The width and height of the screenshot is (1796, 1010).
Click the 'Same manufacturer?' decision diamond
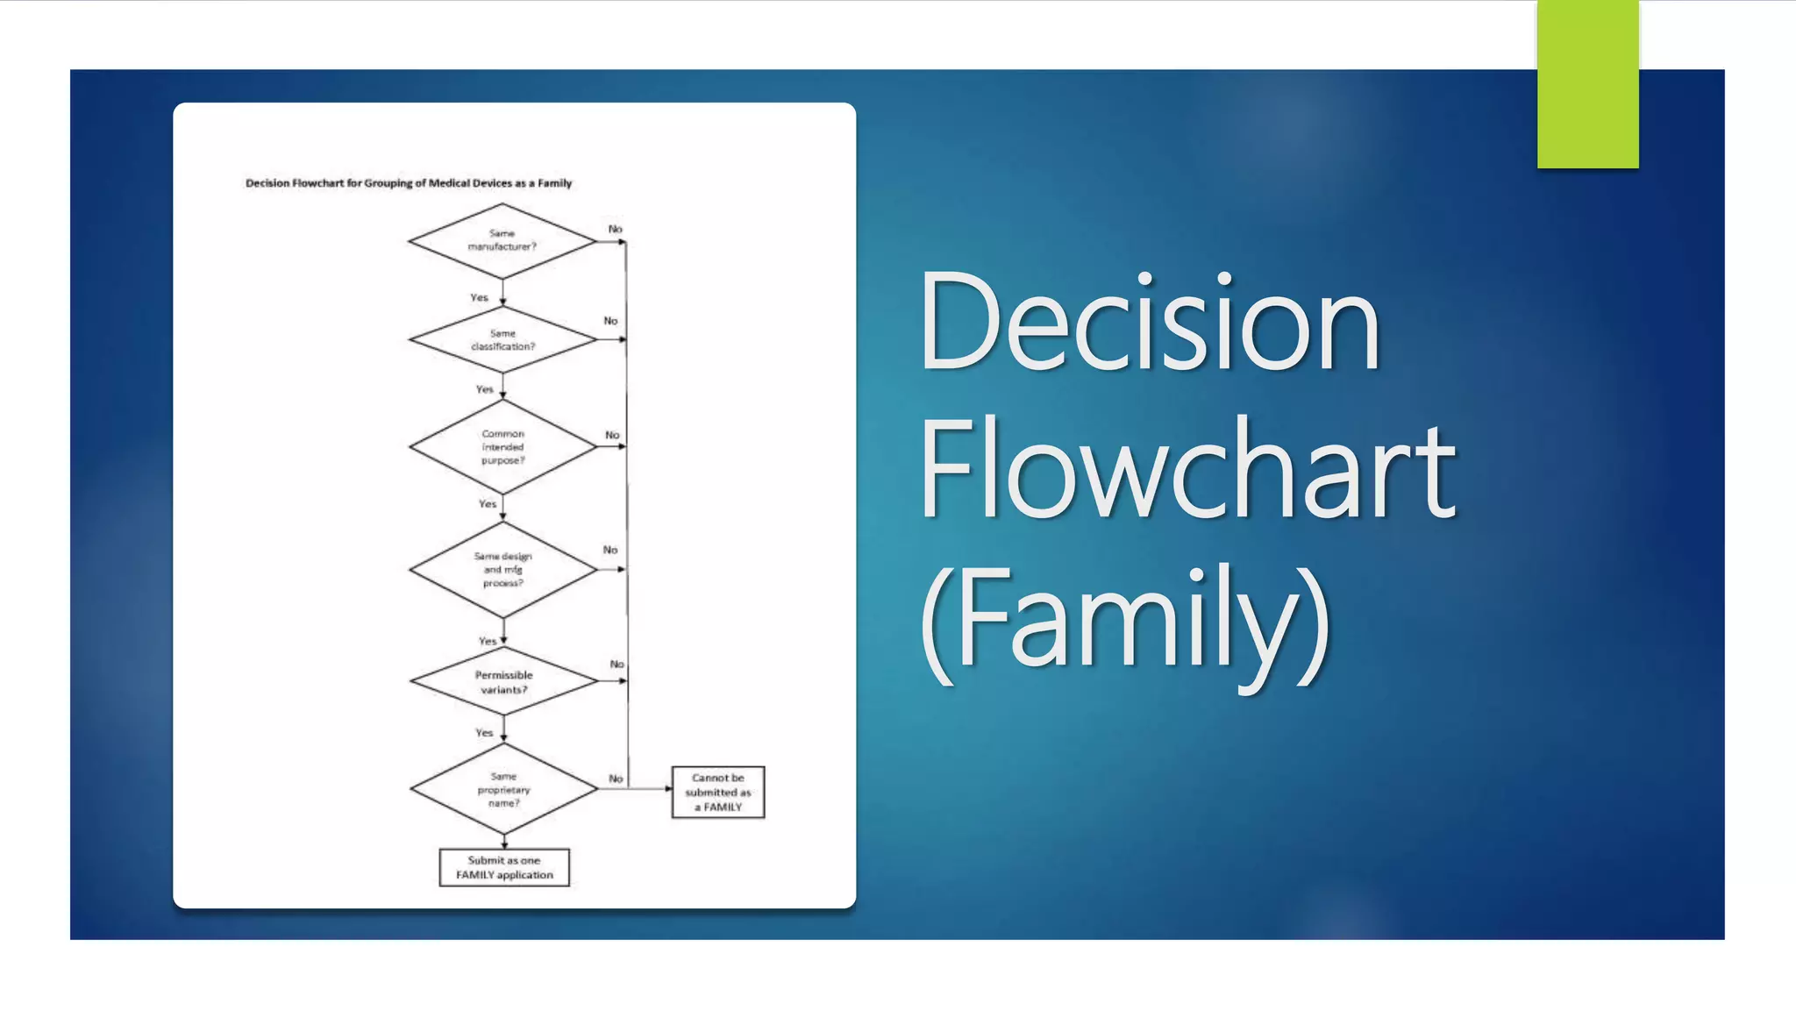pyautogui.click(x=502, y=240)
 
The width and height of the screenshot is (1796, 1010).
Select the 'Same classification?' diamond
pyautogui.click(x=502, y=340)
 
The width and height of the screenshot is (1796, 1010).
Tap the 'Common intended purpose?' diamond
pyautogui.click(x=502, y=447)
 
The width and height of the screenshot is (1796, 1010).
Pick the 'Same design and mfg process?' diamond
pyautogui.click(x=502, y=570)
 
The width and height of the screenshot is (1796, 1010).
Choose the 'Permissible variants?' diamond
pyautogui.click(x=504, y=682)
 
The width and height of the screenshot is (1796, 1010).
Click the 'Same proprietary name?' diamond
pyautogui.click(x=504, y=789)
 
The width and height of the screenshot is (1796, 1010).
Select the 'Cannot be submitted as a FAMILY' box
pyautogui.click(x=718, y=793)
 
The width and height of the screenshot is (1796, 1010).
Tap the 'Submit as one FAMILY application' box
pyautogui.click(x=504, y=868)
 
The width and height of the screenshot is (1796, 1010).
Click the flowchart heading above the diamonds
pyautogui.click(x=409, y=183)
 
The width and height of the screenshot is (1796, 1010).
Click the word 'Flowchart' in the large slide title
pyautogui.click(x=1187, y=469)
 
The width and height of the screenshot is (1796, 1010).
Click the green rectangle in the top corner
pyautogui.click(x=1587, y=84)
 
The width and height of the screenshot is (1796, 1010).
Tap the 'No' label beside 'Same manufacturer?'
pyautogui.click(x=616, y=229)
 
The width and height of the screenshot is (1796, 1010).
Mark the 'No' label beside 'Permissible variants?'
pyautogui.click(x=617, y=665)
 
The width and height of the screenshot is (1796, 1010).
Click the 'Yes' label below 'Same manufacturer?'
pyautogui.click(x=479, y=298)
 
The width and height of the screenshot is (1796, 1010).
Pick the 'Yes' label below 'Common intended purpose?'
pyautogui.click(x=488, y=504)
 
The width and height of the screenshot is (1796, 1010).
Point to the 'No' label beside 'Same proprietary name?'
pyautogui.click(x=616, y=779)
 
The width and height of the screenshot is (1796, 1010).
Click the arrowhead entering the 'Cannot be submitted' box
pyautogui.click(x=668, y=789)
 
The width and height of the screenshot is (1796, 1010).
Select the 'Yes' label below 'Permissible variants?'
pyautogui.click(x=484, y=733)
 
